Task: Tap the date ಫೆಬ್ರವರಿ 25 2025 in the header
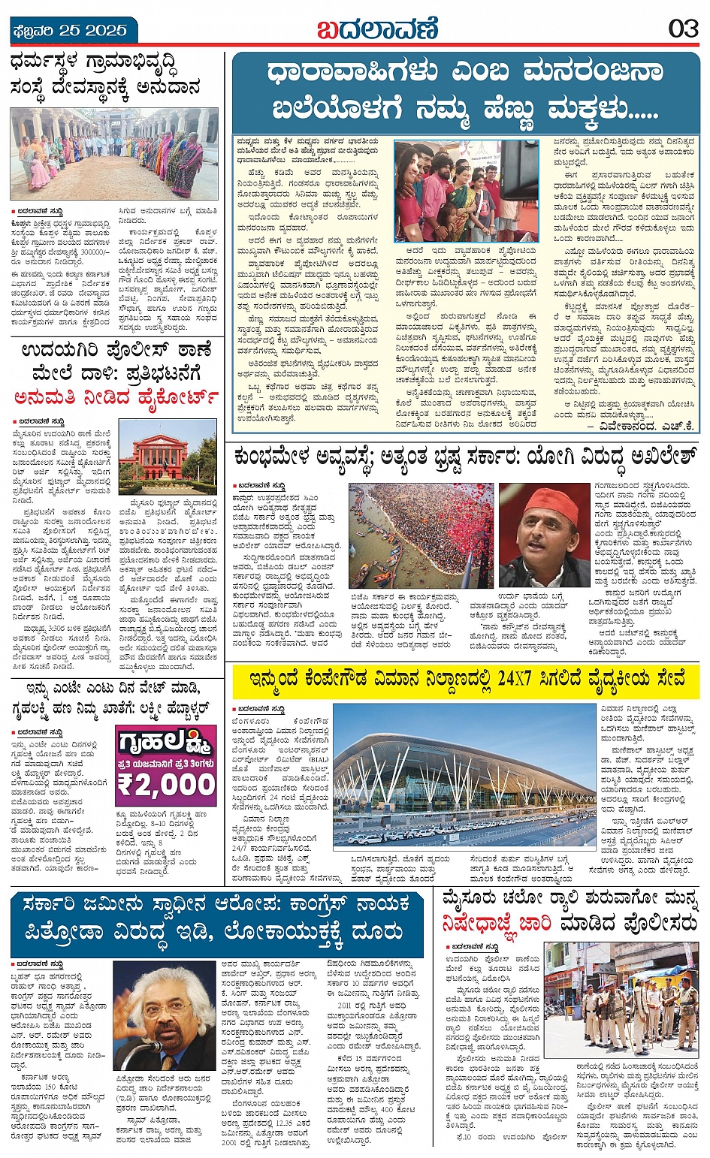pos(70,31)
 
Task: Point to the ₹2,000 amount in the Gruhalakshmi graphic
pos(166,785)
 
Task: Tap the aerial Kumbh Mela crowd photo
pos(420,535)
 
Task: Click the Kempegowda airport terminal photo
pos(464,777)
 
